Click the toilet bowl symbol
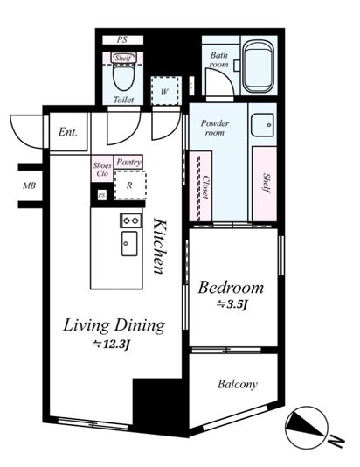pyautogui.click(x=123, y=78)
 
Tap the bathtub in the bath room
pyautogui.click(x=258, y=66)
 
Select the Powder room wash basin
pyautogui.click(x=262, y=125)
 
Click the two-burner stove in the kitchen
pyautogui.click(x=131, y=220)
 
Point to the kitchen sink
pyautogui.click(x=129, y=244)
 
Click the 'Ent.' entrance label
pyautogui.click(x=68, y=132)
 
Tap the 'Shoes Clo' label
pyautogui.click(x=102, y=169)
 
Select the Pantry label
pyautogui.click(x=128, y=163)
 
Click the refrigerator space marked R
pyautogui.click(x=130, y=185)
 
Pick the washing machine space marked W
pyautogui.click(x=166, y=91)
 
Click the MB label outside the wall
pyautogui.click(x=29, y=186)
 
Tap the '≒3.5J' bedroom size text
pyautogui.click(x=232, y=304)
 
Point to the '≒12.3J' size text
pyautogui.click(x=112, y=345)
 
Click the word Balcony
pyautogui.click(x=237, y=384)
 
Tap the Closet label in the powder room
pyautogui.click(x=204, y=187)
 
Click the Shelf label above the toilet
pyautogui.click(x=123, y=58)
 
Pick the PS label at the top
pyautogui.click(x=122, y=39)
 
